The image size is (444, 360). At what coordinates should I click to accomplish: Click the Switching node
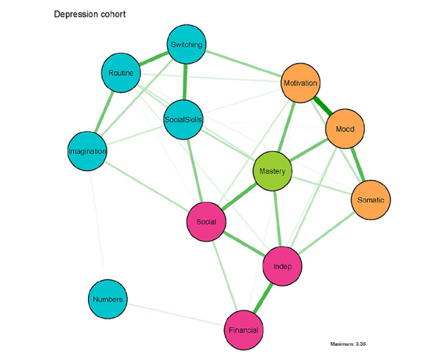[186, 45]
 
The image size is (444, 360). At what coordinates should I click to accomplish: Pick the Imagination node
[87, 151]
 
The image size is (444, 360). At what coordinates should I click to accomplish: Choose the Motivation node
[300, 84]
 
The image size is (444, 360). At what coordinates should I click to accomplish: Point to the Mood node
[344, 129]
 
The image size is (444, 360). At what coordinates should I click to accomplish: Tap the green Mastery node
[274, 172]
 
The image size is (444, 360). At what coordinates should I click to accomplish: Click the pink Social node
[206, 221]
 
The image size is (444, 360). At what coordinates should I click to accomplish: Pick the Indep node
[283, 266]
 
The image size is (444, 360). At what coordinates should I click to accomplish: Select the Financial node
[243, 329]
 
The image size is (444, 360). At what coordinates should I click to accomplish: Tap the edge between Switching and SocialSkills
[184, 81]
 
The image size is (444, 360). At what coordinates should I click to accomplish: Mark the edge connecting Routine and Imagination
[104, 113]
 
